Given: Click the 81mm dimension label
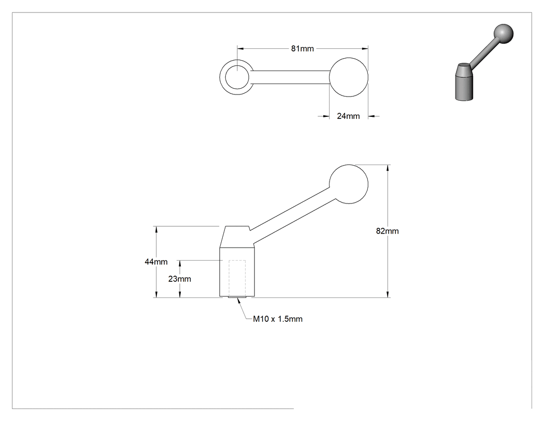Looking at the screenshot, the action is pyautogui.click(x=302, y=49).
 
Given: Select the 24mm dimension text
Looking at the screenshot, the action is pyautogui.click(x=348, y=116).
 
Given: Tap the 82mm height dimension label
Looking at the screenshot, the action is pyautogui.click(x=387, y=231).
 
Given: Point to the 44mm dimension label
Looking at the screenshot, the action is pyautogui.click(x=156, y=262).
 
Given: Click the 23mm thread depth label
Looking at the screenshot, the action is pyautogui.click(x=179, y=279).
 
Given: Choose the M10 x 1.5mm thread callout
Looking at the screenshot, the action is pyautogui.click(x=278, y=319).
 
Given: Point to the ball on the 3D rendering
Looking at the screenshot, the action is pyautogui.click(x=503, y=34).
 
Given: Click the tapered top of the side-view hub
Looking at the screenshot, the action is pyautogui.click(x=237, y=237).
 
